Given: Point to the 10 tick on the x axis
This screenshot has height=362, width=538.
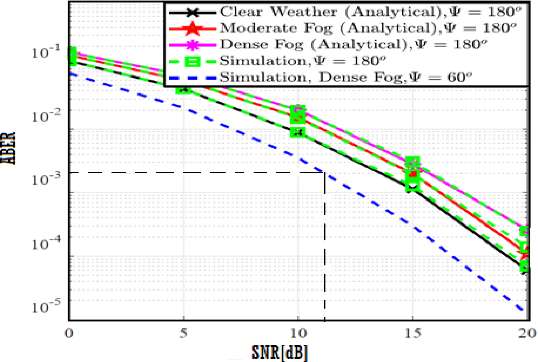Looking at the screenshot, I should pyautogui.click(x=298, y=333).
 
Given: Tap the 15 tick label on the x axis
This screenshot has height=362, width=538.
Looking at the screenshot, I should pyautogui.click(x=413, y=333).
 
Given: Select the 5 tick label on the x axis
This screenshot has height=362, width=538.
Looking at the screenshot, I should pyautogui.click(x=184, y=333).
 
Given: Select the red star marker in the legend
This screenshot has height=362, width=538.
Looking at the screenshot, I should pyautogui.click(x=192, y=29).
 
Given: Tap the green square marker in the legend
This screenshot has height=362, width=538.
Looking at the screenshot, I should pyautogui.click(x=192, y=61).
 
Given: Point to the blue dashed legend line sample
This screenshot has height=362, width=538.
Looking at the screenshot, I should pyautogui.click(x=192, y=78).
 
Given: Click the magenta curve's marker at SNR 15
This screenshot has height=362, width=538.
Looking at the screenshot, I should pyautogui.click(x=413, y=161).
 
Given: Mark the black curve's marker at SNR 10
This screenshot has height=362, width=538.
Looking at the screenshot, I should pyautogui.click(x=298, y=132).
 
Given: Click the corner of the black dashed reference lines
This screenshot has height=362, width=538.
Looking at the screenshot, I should pyautogui.click(x=324, y=173).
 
